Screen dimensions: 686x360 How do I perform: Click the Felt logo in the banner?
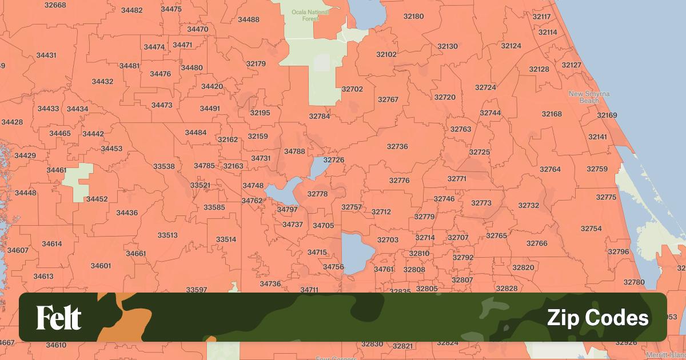(x=59, y=318)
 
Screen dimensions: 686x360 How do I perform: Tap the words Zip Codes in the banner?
(x=597, y=318)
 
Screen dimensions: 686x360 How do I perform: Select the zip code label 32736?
(x=397, y=146)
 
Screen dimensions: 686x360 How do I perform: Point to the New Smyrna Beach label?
(x=589, y=97)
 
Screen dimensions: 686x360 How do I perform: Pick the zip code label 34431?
(x=46, y=55)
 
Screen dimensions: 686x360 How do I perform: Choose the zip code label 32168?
(x=552, y=114)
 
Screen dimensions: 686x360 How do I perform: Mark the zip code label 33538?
(x=163, y=166)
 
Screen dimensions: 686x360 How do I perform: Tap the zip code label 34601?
(x=101, y=266)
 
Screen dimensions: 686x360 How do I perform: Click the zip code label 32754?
(x=591, y=229)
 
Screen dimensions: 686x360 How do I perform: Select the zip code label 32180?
(x=413, y=16)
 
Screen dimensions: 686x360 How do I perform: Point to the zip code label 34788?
(x=294, y=151)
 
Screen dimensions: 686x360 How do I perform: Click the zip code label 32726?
(x=334, y=160)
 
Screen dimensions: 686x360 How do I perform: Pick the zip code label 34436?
(x=127, y=213)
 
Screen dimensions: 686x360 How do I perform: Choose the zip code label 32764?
(x=550, y=169)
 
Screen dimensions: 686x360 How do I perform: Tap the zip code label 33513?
(x=167, y=235)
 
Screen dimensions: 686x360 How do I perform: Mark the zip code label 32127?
(x=571, y=65)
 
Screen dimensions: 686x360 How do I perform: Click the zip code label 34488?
(x=249, y=19)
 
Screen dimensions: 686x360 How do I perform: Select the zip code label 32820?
(x=523, y=267)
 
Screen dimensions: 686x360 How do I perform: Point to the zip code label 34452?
(x=97, y=199)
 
